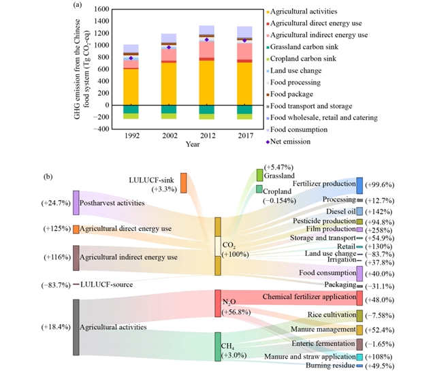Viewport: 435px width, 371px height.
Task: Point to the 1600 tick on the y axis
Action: tap(99, 10)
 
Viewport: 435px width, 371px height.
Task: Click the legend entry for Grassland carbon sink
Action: tap(309, 46)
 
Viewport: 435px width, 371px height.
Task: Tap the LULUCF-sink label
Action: tap(152, 180)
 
